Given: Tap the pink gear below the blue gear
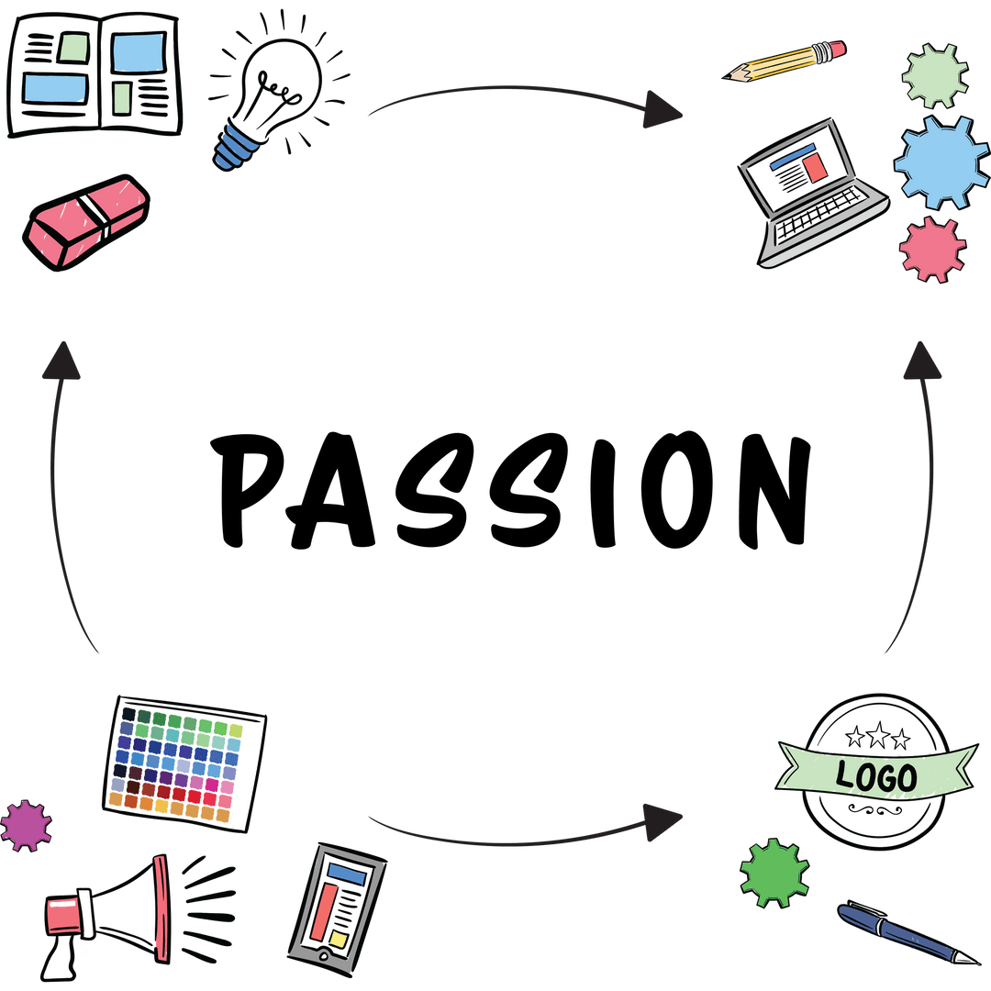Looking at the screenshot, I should [x=932, y=248].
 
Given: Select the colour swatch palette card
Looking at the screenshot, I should [x=184, y=764].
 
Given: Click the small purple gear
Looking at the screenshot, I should [x=26, y=824].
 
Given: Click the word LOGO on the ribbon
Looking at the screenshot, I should [x=876, y=777].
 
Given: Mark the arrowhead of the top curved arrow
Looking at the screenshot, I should [x=663, y=110].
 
